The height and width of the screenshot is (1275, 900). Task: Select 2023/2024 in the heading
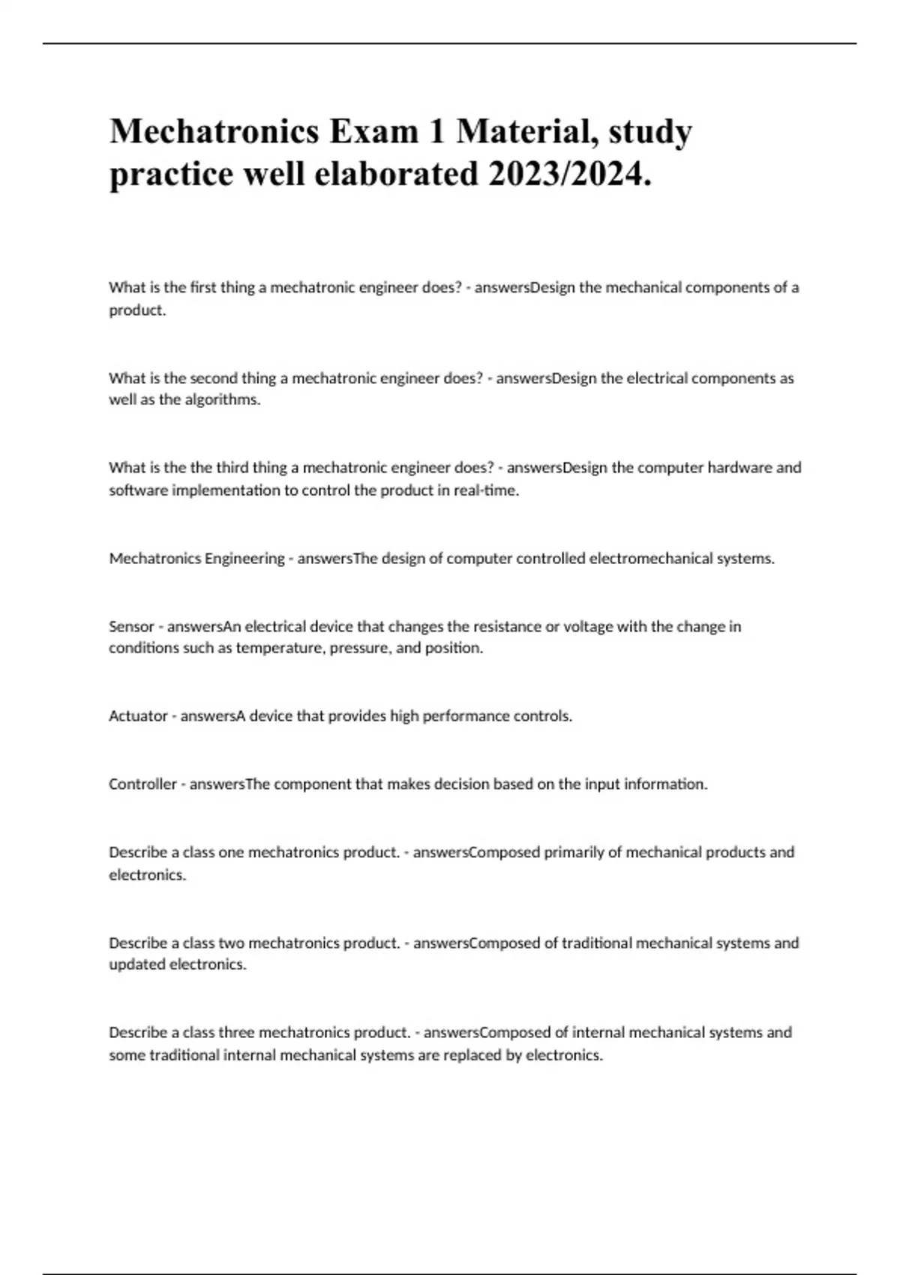pos(569,175)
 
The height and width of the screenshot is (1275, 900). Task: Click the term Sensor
pos(131,626)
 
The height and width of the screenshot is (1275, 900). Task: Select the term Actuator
pos(138,716)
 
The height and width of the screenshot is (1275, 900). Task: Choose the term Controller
pos(142,784)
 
